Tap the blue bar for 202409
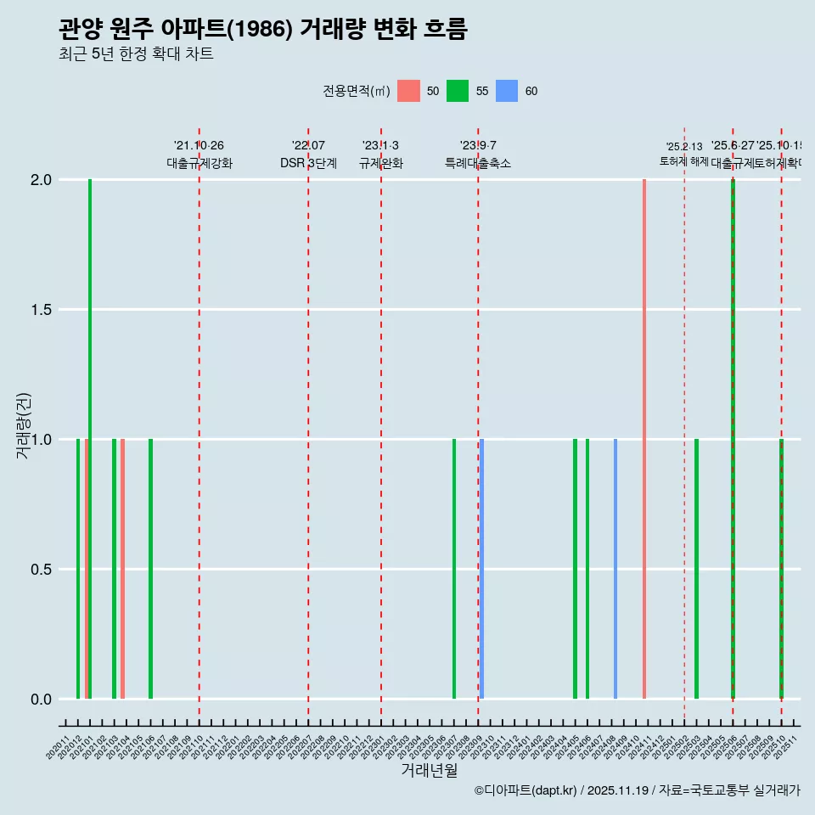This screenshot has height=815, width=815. click(x=615, y=569)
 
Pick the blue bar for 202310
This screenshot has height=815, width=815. click(x=482, y=569)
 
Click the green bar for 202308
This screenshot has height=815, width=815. click(x=454, y=569)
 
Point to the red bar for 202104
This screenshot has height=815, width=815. click(x=122, y=569)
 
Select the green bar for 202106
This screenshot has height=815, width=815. click(x=150, y=569)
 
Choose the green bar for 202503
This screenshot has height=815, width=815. click(x=696, y=569)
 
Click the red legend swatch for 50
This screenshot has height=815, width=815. click(x=408, y=91)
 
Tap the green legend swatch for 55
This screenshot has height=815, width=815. click(x=458, y=91)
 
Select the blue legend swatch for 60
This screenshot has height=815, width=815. click(x=507, y=91)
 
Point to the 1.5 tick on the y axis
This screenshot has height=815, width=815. click(x=41, y=310)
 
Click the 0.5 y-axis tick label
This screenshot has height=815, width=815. click(x=41, y=570)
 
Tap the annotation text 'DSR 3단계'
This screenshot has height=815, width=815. click(x=308, y=164)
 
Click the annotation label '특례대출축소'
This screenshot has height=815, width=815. click(x=478, y=164)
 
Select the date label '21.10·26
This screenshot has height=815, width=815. click(x=199, y=146)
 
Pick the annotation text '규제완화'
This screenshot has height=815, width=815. click(x=380, y=164)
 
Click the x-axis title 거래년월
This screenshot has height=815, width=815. click(x=429, y=771)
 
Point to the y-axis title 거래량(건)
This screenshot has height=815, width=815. click(x=23, y=424)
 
